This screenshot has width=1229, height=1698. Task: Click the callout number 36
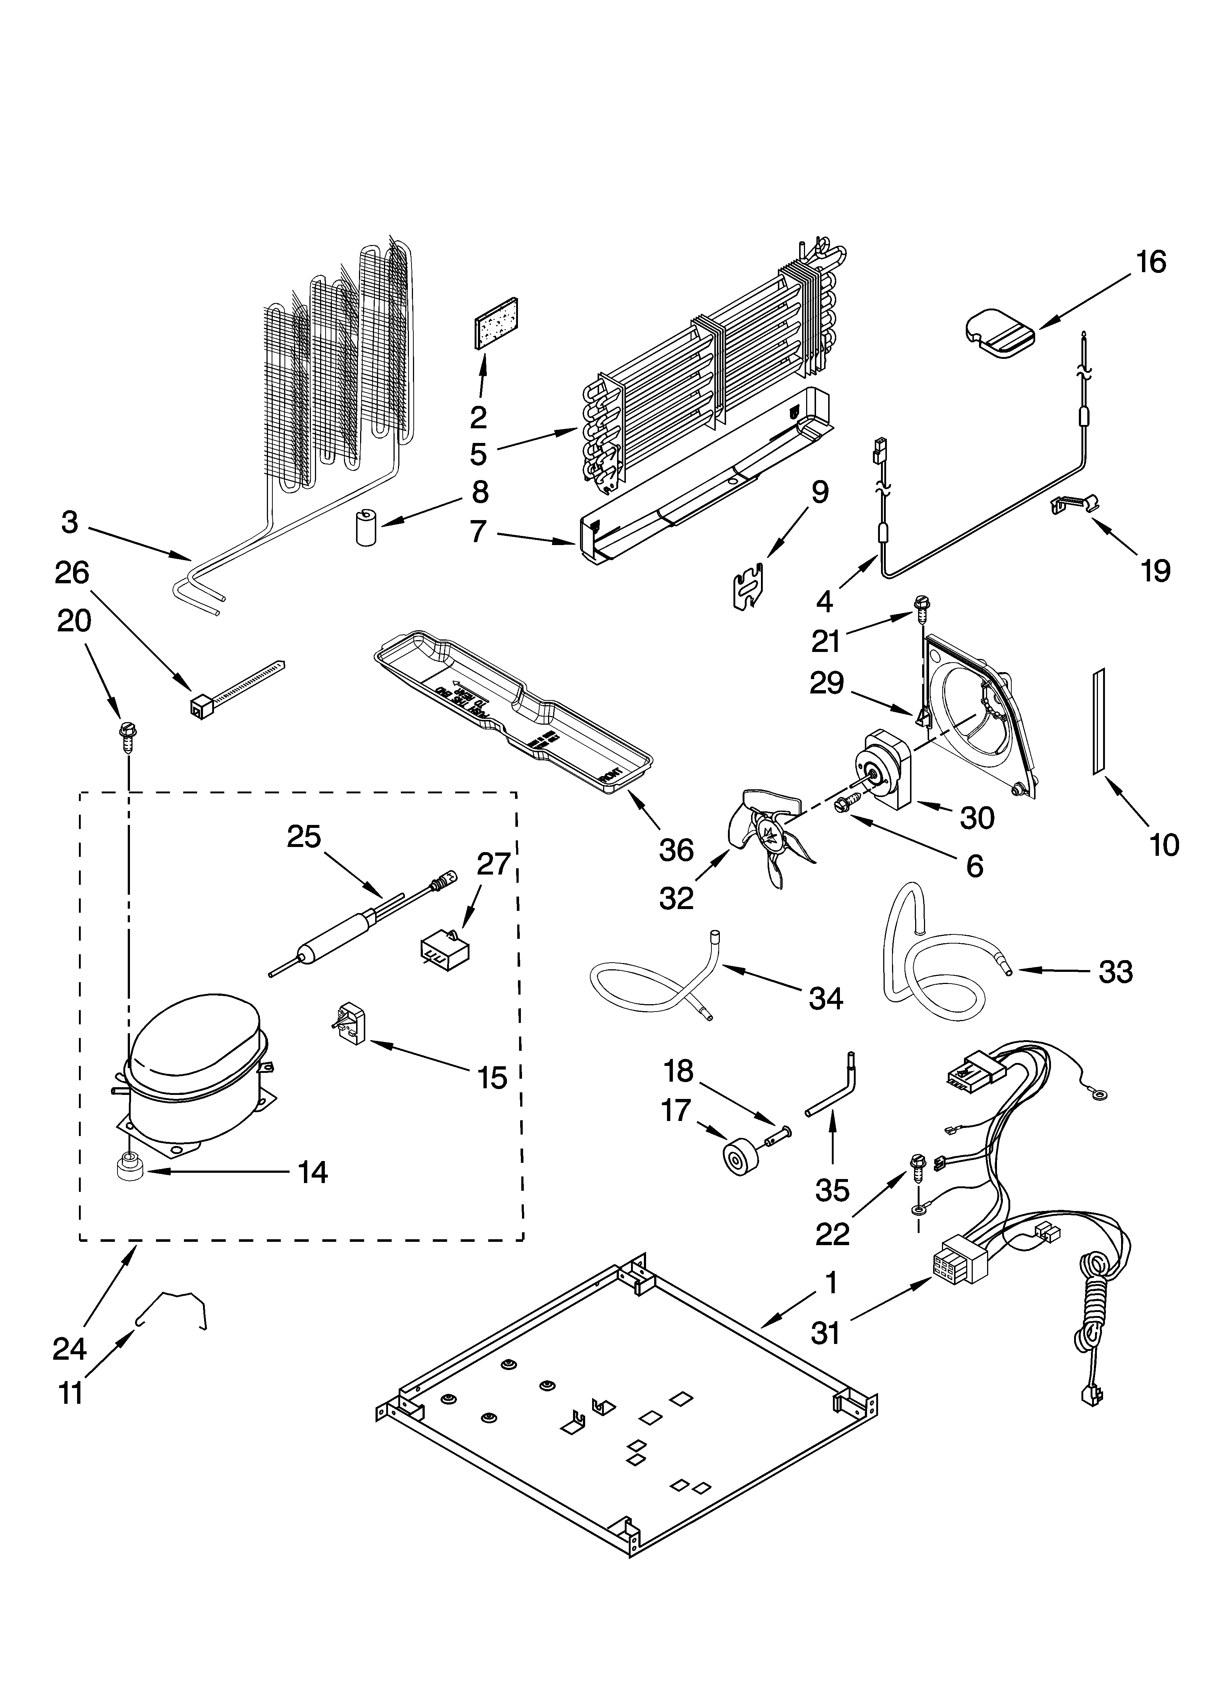[676, 850]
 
